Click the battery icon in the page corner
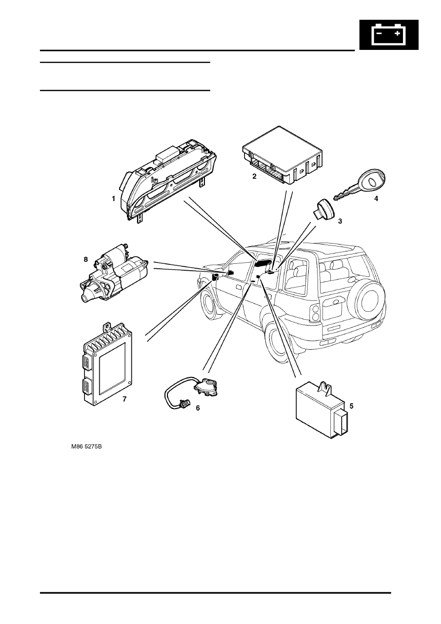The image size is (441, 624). click(389, 35)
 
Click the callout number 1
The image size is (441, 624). click(113, 199)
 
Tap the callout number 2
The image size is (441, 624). click(254, 176)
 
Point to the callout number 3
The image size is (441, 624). click(340, 221)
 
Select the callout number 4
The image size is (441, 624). click(376, 199)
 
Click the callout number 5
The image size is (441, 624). click(351, 406)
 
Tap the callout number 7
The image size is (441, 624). click(124, 399)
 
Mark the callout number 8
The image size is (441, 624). click(86, 259)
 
